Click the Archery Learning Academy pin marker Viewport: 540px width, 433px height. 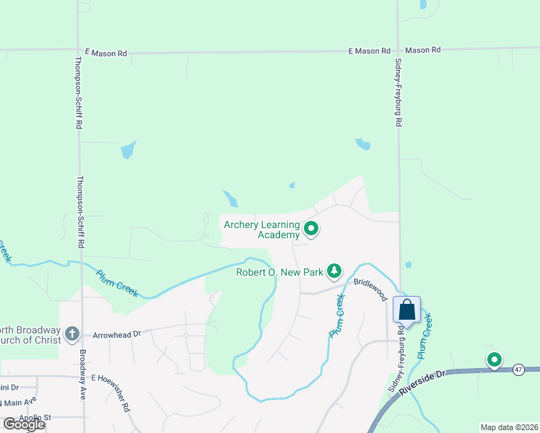[x=312, y=229]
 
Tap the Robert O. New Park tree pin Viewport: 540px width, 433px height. [x=334, y=271]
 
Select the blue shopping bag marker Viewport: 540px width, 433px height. [x=407, y=310]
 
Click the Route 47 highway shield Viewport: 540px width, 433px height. [x=518, y=369]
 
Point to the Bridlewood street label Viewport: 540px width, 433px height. [x=370, y=289]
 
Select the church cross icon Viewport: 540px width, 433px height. [x=71, y=333]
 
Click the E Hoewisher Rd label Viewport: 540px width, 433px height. [x=110, y=391]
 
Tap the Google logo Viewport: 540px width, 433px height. [x=24, y=424]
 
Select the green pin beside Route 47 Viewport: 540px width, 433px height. [x=495, y=359]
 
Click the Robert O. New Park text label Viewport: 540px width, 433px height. [x=279, y=272]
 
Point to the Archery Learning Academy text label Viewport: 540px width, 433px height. [x=261, y=229]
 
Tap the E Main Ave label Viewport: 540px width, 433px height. [x=17, y=401]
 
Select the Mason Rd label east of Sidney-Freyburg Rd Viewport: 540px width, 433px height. [x=422, y=51]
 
